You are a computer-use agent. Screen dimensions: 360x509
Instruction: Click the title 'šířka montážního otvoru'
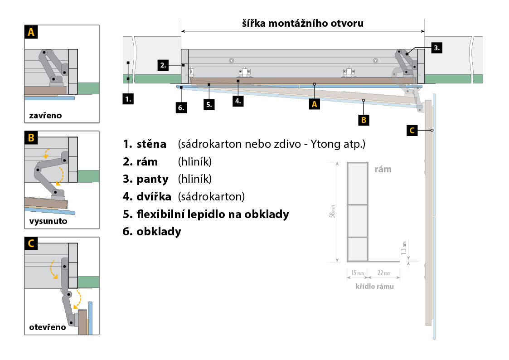point(303,23)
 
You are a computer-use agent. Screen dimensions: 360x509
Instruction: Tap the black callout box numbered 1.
point(129,98)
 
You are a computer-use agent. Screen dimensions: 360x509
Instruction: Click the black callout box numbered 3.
point(436,48)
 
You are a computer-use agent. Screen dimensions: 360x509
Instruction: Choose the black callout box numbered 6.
point(181,107)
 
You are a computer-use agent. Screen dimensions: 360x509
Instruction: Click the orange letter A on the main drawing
point(314,104)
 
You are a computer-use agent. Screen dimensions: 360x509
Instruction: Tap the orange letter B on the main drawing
point(364,120)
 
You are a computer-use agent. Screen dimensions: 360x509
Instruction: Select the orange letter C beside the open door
point(412,131)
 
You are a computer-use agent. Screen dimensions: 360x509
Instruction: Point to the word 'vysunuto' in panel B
point(47,222)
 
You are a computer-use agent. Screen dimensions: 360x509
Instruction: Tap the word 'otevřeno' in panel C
point(48,327)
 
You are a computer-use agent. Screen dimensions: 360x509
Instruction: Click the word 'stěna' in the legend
point(151,144)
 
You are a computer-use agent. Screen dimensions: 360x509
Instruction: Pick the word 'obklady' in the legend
point(159,231)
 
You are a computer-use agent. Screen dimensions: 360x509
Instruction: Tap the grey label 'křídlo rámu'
point(374,286)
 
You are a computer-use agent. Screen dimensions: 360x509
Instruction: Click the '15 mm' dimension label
point(358,273)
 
